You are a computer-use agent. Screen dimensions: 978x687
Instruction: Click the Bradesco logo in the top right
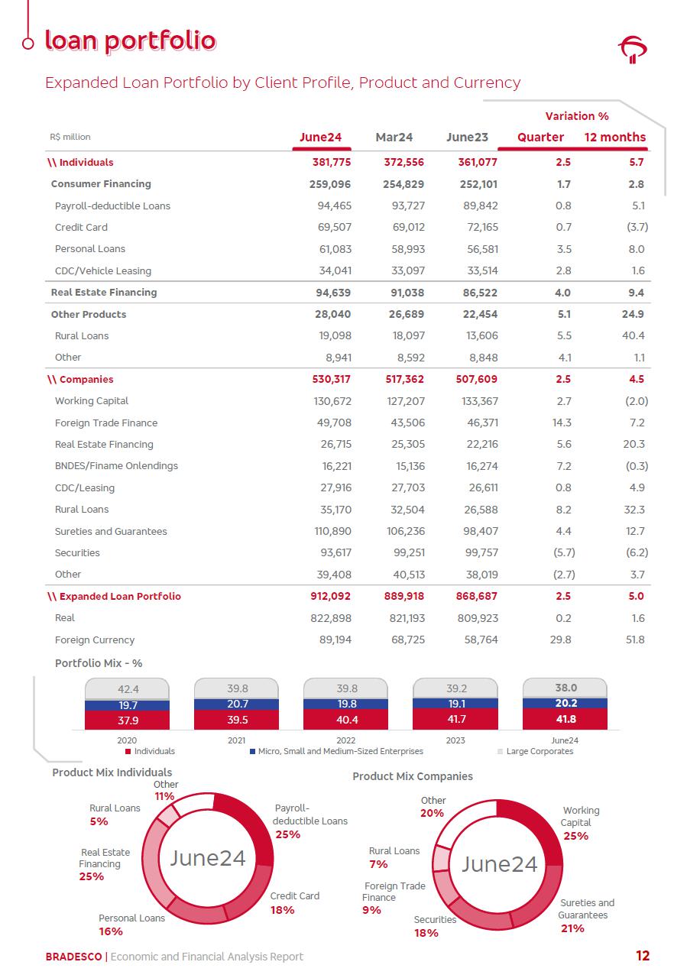[x=632, y=50]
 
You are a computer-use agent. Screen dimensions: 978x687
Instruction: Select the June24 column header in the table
[x=320, y=138]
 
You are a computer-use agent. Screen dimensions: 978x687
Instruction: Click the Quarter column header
[x=540, y=138]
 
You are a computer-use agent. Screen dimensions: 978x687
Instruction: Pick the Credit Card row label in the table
[x=81, y=228]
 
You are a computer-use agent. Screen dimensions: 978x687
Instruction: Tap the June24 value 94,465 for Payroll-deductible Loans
[x=334, y=206]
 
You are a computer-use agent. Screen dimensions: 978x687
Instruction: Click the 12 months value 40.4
[x=634, y=336]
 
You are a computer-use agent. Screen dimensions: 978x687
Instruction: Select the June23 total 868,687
[x=478, y=597]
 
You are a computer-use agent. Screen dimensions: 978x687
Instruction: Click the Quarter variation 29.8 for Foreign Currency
[x=560, y=640]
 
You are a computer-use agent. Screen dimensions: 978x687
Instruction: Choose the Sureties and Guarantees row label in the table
[x=111, y=532]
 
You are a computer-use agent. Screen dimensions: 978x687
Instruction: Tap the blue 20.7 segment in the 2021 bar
[x=238, y=704]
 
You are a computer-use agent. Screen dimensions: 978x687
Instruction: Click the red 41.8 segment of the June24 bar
[x=565, y=720]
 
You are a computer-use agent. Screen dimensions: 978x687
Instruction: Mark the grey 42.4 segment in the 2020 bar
[x=128, y=689]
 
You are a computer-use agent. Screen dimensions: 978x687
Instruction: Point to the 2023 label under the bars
[x=455, y=740]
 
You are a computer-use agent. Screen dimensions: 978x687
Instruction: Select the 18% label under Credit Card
[x=282, y=910]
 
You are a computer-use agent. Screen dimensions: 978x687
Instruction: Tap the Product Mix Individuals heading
[x=112, y=772]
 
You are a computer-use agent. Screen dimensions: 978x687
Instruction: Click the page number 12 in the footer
[x=642, y=956]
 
